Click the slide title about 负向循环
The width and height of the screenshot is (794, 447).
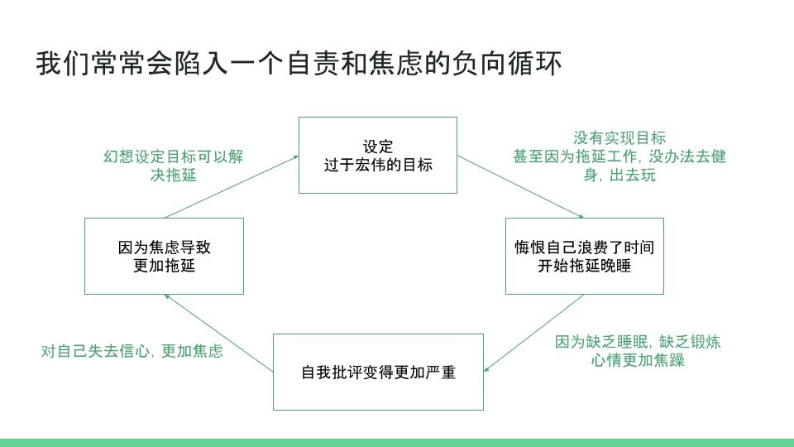(299, 64)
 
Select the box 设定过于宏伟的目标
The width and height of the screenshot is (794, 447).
(378, 155)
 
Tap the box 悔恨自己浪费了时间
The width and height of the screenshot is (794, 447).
(585, 256)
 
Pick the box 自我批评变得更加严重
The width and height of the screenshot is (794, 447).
(378, 372)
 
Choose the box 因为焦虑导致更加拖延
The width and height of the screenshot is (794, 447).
(164, 256)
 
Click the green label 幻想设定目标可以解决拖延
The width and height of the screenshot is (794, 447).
(173, 166)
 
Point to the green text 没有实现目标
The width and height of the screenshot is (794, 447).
(619, 138)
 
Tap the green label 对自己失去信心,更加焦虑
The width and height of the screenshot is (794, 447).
(132, 351)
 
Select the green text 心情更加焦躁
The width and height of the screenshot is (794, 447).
(638, 360)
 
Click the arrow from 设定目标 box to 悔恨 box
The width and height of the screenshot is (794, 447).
(520, 187)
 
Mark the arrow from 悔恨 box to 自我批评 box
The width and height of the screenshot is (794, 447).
(533, 333)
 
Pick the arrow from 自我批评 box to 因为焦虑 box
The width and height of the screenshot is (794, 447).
(218, 333)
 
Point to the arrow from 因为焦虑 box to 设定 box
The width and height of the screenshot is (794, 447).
(232, 187)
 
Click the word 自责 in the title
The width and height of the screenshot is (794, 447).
(313, 64)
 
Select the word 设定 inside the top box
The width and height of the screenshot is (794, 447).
(378, 147)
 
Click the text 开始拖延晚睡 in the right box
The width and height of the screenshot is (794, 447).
(585, 265)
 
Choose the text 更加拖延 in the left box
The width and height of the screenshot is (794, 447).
(164, 265)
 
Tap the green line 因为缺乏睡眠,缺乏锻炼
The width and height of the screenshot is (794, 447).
(638, 342)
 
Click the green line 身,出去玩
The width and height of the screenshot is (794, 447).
(619, 175)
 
